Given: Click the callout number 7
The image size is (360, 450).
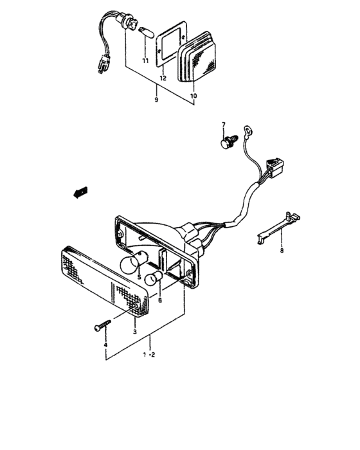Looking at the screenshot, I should (224, 124).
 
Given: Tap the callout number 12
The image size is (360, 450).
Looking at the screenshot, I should (162, 78).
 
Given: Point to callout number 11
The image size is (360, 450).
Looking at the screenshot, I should (145, 61).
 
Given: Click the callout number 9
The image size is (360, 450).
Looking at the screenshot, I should (156, 100).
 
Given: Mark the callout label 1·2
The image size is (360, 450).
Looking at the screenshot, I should (150, 354).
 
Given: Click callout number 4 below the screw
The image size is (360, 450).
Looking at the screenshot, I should (105, 345).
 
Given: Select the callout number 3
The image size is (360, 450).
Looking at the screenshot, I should (134, 332).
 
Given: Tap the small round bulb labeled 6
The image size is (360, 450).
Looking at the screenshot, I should (152, 279).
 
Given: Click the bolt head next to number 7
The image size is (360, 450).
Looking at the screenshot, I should (226, 143).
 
